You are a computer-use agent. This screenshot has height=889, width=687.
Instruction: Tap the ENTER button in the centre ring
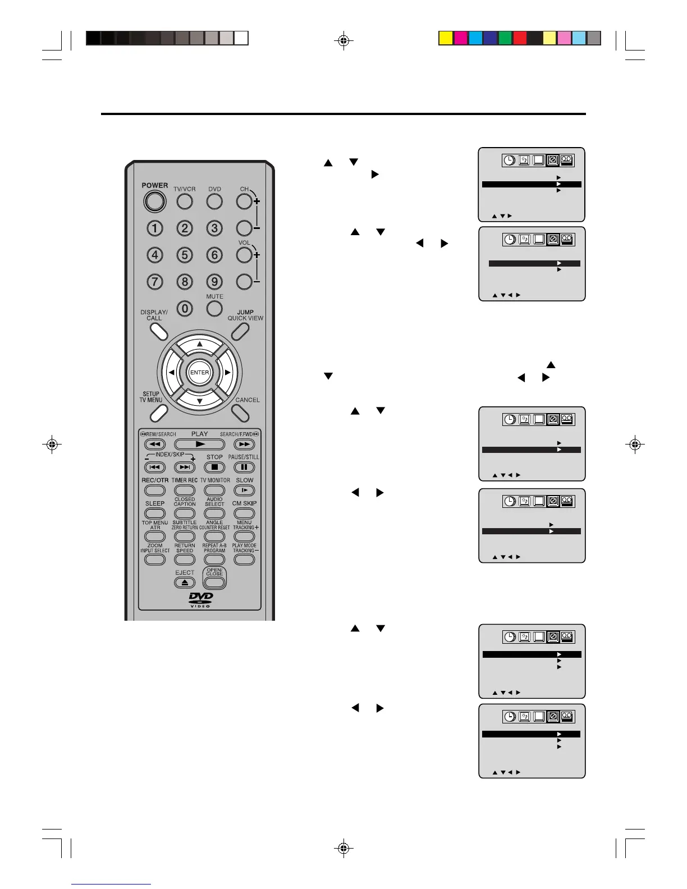point(199,372)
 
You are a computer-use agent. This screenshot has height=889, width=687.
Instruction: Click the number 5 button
point(185,255)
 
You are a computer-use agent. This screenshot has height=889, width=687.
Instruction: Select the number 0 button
point(185,309)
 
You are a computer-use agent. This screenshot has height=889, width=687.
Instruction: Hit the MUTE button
point(214,308)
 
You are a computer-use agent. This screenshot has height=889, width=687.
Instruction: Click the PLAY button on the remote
point(199,444)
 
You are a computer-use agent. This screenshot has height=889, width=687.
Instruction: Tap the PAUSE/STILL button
point(244,467)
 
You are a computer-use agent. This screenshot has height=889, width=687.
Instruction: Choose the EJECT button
point(185,583)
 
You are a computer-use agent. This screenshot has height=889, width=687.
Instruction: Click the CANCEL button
point(240,413)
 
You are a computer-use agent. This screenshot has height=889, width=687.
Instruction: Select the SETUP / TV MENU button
point(158,413)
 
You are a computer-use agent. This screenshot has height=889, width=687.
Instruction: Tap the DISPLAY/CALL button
point(159,332)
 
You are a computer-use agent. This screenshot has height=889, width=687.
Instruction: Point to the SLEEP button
point(155,514)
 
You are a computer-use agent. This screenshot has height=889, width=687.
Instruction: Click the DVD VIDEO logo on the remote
point(200,599)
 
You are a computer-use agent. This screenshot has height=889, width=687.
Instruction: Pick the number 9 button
point(214,282)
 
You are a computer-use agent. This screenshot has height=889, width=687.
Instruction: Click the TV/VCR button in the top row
point(185,201)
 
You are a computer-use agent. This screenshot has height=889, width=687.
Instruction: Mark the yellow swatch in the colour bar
point(446,38)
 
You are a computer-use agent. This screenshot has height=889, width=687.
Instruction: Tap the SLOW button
point(244,491)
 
